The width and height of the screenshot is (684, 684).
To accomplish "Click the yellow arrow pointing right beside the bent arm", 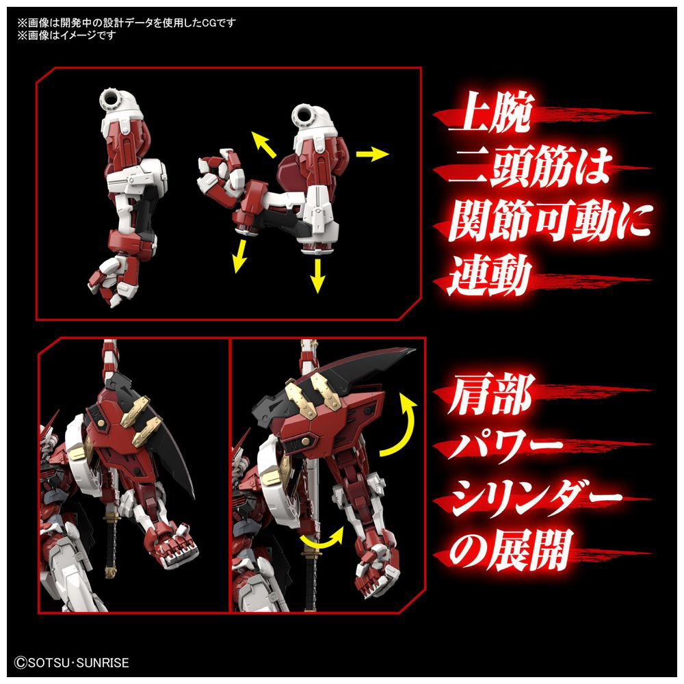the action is (x=372, y=154).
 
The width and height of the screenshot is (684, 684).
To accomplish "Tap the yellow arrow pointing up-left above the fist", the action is (x=264, y=144).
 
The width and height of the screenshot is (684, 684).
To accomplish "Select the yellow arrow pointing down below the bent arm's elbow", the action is (x=318, y=276).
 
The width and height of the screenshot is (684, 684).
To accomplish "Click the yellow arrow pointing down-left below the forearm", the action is (x=239, y=256).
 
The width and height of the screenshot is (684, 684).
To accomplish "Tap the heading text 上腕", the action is (x=490, y=113).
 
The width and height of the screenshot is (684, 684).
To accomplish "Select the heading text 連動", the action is (x=490, y=275).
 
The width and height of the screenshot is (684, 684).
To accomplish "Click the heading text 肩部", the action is (x=490, y=394).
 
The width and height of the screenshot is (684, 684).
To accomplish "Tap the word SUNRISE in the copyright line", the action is (x=103, y=663).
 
